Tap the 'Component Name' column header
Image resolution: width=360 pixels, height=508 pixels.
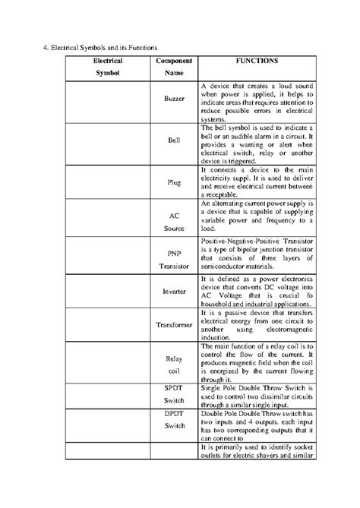[174, 66]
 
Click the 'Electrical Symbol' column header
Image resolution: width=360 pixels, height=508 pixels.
[106, 66]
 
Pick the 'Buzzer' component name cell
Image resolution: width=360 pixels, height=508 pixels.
[174, 100]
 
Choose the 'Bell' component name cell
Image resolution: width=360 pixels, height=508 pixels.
[174, 141]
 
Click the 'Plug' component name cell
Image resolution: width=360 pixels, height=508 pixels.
[174, 182]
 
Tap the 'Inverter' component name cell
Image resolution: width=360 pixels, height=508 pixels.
[174, 291]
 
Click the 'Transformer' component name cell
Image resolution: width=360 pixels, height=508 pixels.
[174, 324]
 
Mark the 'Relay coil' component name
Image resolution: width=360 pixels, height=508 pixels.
[174, 364]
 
